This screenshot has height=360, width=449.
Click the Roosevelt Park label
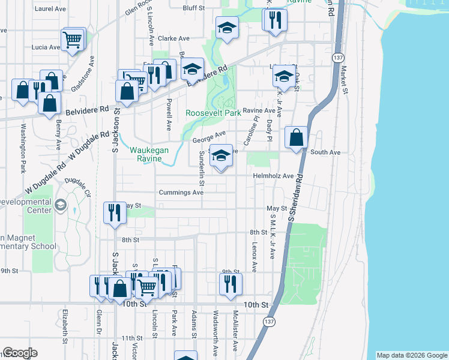213,113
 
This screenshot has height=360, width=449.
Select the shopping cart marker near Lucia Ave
73,40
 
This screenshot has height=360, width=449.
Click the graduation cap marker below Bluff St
227,28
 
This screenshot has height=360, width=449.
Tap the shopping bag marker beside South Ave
296,138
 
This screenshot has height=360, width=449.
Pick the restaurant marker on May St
113,213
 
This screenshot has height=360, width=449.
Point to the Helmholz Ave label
273,176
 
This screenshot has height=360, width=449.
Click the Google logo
20,353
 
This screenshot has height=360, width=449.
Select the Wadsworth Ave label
215,332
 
